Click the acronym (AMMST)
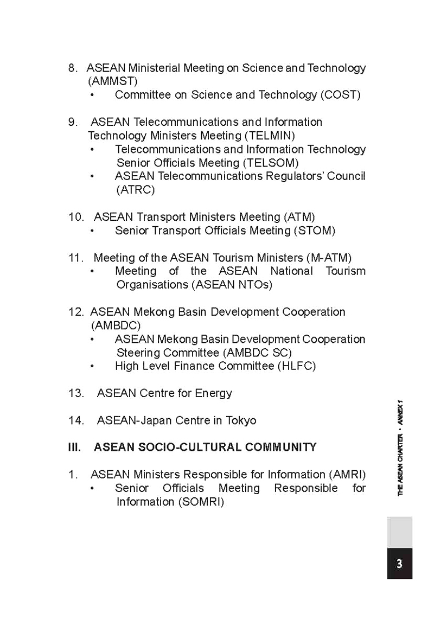coord(113,81)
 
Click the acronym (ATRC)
coord(136,190)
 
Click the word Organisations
coord(152,285)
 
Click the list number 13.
coord(76,393)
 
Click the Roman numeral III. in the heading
coord(74,448)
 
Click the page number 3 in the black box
coord(399,564)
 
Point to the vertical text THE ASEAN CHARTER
coord(400,465)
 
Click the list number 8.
coord(73,68)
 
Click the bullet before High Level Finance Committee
coord(92,367)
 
